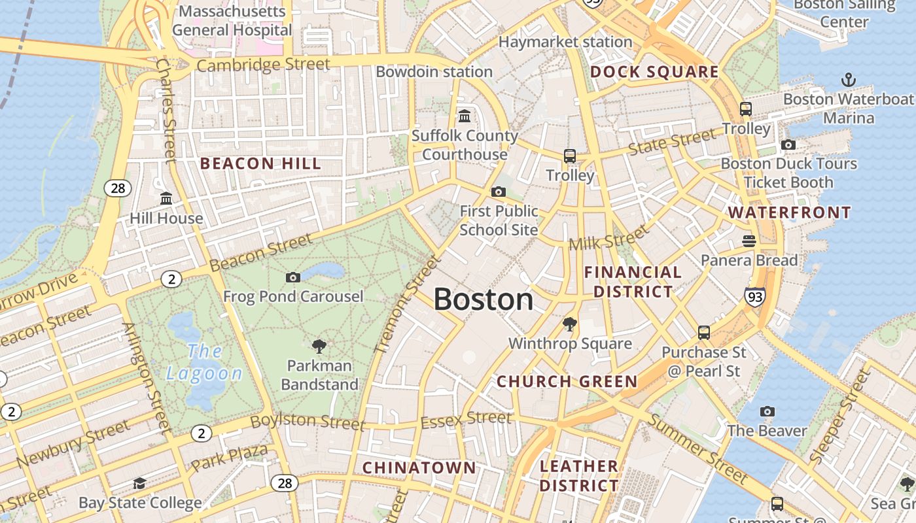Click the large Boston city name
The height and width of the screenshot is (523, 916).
click(484, 299)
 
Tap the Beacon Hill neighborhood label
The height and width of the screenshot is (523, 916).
click(260, 163)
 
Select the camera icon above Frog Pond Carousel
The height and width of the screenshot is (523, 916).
click(293, 277)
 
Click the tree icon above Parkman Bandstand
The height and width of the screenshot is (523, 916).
click(319, 346)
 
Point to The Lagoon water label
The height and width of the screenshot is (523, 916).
click(204, 362)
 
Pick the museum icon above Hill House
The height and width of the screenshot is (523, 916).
click(166, 198)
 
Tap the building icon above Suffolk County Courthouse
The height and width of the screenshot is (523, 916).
click(465, 116)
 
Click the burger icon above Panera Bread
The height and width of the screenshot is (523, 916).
click(749, 241)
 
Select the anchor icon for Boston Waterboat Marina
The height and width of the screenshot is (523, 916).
click(848, 80)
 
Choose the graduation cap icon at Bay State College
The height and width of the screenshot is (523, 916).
click(139, 483)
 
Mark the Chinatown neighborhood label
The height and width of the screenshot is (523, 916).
click(419, 467)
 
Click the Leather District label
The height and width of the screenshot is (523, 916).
click(579, 476)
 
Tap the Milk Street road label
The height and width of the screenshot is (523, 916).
click(608, 237)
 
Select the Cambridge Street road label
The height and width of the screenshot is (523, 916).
click(263, 65)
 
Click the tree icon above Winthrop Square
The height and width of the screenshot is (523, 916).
click(570, 324)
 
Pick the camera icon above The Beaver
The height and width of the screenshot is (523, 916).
click(767, 411)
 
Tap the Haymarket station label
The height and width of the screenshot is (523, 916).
click(565, 42)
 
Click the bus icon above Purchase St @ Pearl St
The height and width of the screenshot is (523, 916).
click(704, 333)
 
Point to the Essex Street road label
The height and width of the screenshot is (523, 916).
click(466, 418)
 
